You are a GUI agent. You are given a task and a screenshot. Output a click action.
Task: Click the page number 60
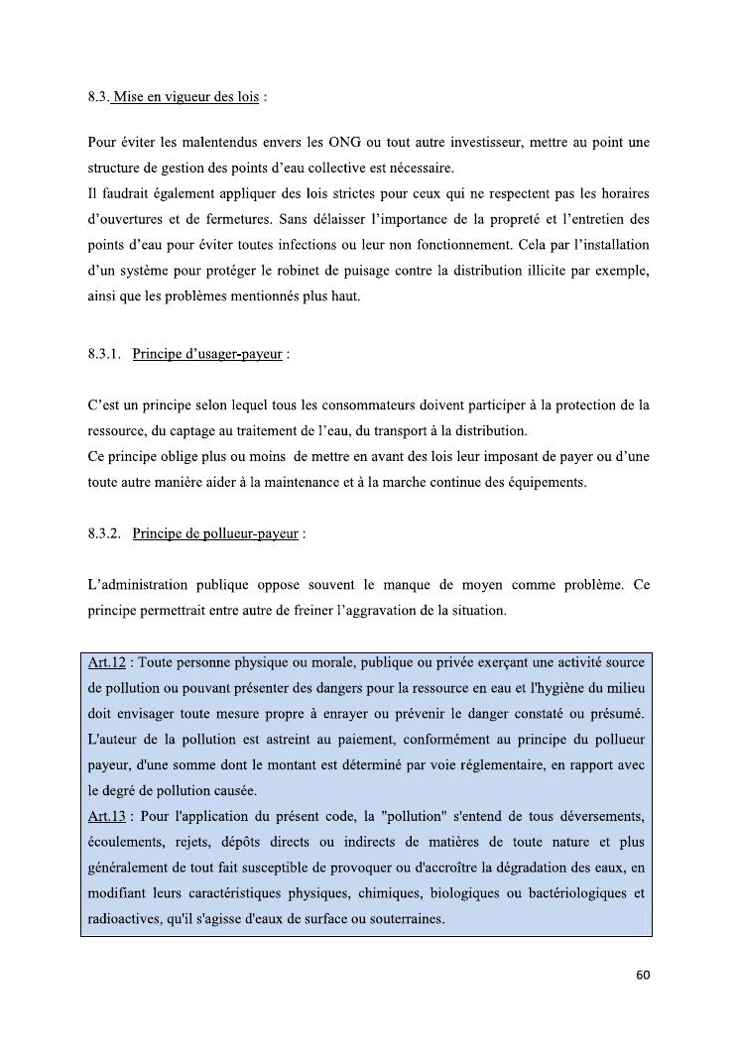click(643, 975)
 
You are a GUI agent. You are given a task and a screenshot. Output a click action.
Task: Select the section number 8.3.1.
click(104, 354)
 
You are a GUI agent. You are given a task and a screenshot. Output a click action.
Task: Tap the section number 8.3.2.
click(104, 533)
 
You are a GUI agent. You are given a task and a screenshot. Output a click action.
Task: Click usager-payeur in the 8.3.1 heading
click(240, 354)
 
